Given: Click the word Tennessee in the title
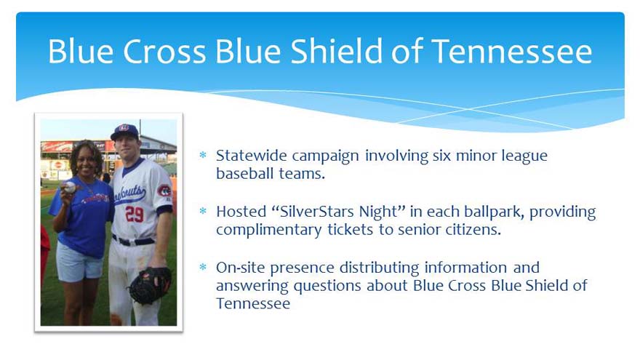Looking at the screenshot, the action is click(511, 52).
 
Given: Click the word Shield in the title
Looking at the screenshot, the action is click(336, 51).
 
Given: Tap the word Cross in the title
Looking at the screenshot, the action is click(164, 52).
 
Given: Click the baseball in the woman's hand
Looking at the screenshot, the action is click(70, 188).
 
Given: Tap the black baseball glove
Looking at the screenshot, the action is click(149, 285).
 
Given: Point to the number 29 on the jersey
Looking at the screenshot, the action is click(135, 214).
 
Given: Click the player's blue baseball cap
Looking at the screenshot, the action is click(125, 132).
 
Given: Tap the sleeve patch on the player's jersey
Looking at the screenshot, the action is click(164, 191).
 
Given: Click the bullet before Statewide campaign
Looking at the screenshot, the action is click(203, 155).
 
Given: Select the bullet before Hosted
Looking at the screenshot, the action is click(203, 211).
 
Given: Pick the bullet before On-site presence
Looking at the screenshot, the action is click(203, 267).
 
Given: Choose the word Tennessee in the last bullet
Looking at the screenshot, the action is click(253, 303).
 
